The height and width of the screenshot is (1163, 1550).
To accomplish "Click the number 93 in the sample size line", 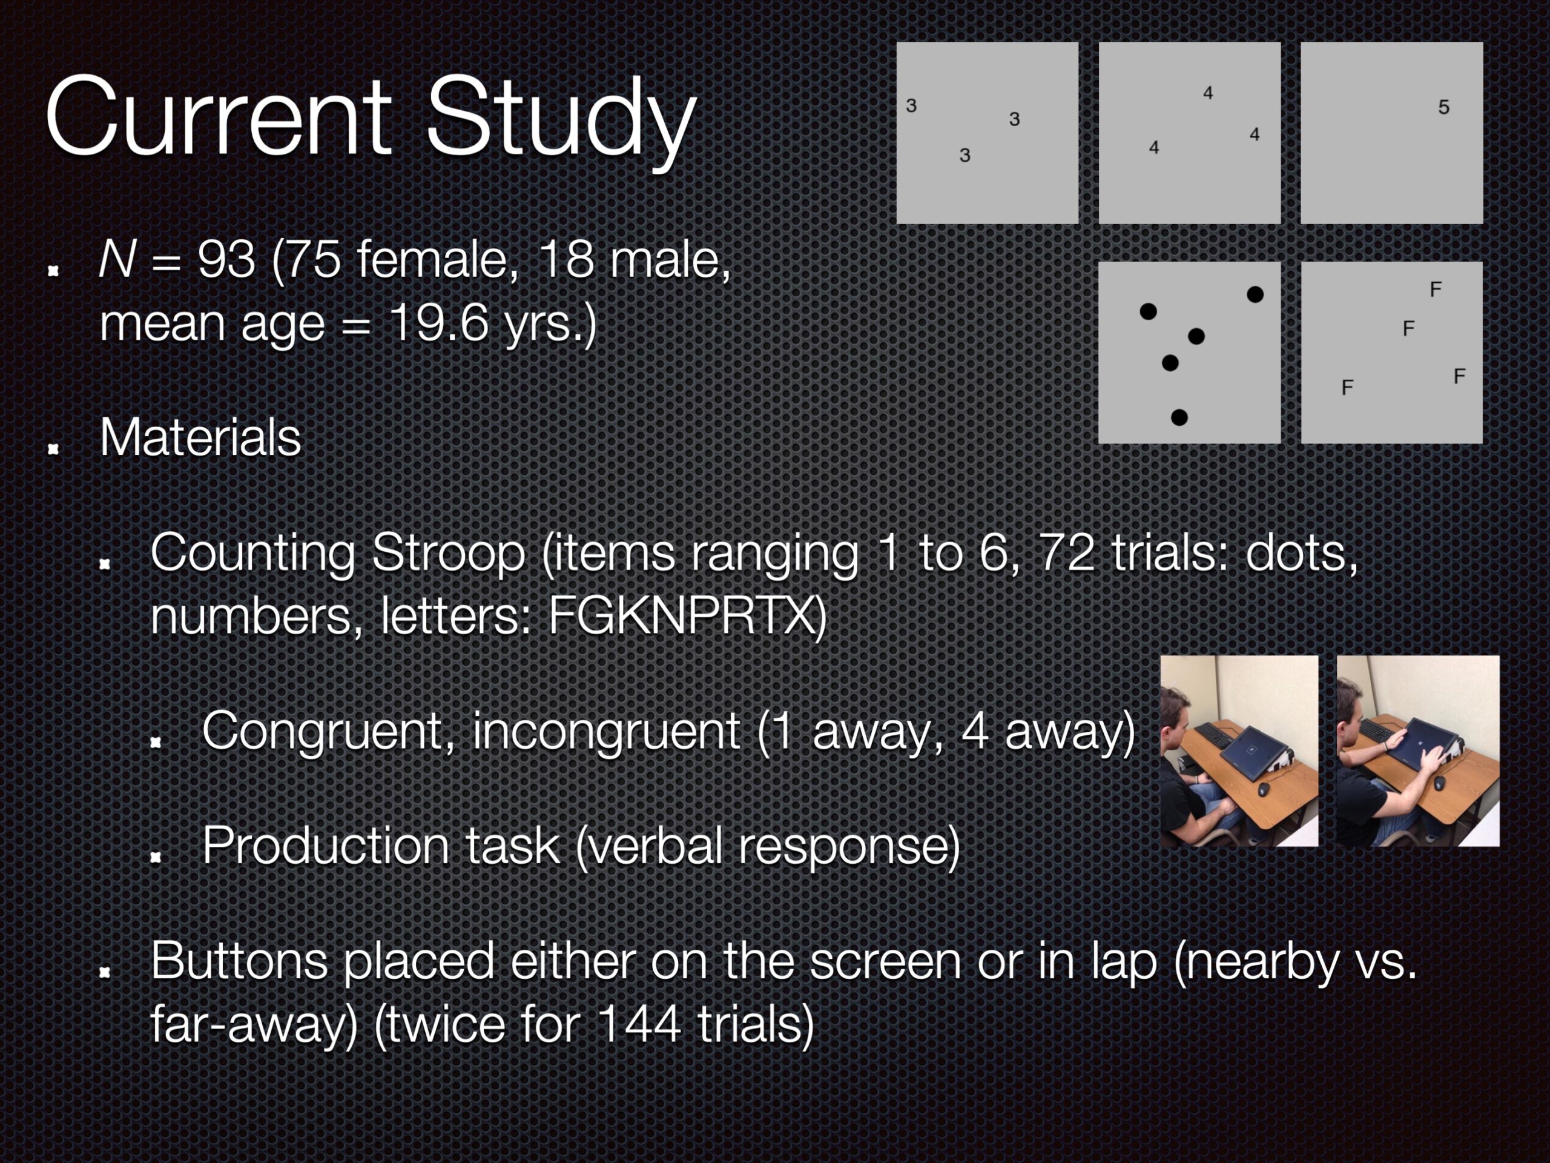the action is pyautogui.click(x=226, y=259).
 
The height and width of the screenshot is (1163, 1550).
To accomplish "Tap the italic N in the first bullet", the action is pyautogui.click(x=117, y=259).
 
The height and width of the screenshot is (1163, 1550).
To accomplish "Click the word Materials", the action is pyautogui.click(x=200, y=437).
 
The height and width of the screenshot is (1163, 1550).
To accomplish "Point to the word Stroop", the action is pyautogui.click(x=449, y=554).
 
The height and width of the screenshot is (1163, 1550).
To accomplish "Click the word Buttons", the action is pyautogui.click(x=239, y=961).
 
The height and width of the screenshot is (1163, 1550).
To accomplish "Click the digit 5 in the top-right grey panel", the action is pyautogui.click(x=1443, y=107).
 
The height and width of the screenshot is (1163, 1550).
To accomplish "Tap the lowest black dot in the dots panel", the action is pyautogui.click(x=1179, y=418).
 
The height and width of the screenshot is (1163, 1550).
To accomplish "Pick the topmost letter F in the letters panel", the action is pyautogui.click(x=1435, y=290).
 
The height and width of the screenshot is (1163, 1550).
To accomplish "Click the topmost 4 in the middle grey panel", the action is pyautogui.click(x=1208, y=93).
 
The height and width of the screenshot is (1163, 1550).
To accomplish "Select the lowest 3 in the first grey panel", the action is pyautogui.click(x=965, y=156).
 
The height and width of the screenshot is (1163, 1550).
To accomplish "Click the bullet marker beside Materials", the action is pyautogui.click(x=53, y=449).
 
